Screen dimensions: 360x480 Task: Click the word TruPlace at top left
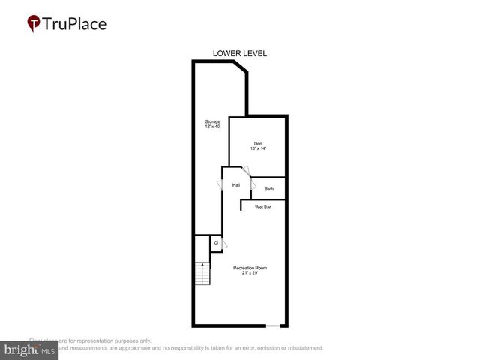pyautogui.click(x=76, y=24)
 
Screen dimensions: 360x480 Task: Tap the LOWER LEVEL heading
pyautogui.click(x=240, y=53)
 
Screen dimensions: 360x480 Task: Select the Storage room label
pyautogui.click(x=213, y=121)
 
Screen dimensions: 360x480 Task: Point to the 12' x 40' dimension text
pyautogui.click(x=213, y=127)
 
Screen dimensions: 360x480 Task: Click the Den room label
pyautogui.click(x=257, y=143)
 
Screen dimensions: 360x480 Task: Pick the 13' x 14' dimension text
pyautogui.click(x=257, y=148)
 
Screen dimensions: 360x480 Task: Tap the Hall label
pyautogui.click(x=235, y=184)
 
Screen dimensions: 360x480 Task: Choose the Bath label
pyautogui.click(x=268, y=189)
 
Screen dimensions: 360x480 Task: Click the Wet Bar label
pyautogui.click(x=262, y=207)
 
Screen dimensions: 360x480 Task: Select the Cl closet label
pyautogui.click(x=216, y=242)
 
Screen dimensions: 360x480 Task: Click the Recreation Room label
pyautogui.click(x=250, y=268)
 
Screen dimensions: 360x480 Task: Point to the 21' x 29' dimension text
pyautogui.click(x=250, y=273)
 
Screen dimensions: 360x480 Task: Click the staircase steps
pyautogui.click(x=202, y=274)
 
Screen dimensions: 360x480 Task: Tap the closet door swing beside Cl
pyautogui.click(x=223, y=243)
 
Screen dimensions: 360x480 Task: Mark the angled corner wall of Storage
pyautogui.click(x=240, y=68)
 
